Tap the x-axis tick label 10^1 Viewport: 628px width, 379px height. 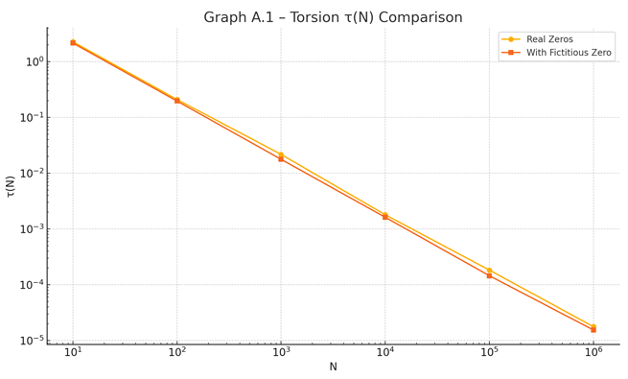(73, 355)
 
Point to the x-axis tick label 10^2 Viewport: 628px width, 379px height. (176, 355)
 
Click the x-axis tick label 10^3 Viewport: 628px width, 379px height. (281, 355)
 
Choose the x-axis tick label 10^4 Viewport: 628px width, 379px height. (385, 355)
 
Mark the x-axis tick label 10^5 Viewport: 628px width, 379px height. (489, 355)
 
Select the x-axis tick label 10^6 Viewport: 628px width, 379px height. (593, 355)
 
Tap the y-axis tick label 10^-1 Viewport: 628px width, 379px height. (32, 118)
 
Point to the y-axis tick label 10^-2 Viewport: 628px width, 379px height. (32, 174)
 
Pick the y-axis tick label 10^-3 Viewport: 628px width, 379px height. (32, 229)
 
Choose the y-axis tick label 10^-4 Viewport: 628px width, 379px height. (32, 285)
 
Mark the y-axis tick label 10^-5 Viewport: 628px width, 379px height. (32, 341)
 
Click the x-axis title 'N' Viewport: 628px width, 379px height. (333, 367)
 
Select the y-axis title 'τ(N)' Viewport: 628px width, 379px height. (11, 186)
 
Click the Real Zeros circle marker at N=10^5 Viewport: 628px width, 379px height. (489, 271)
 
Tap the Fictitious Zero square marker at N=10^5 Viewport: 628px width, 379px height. (489, 276)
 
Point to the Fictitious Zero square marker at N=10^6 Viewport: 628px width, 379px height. (593, 330)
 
